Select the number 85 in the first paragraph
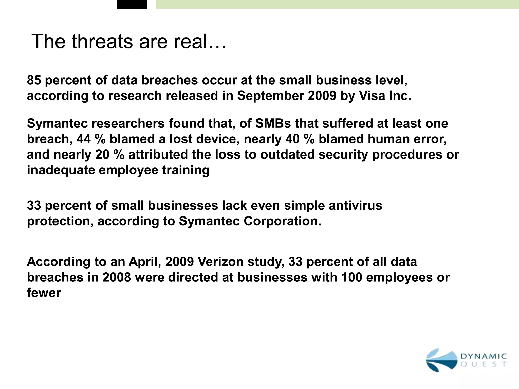(34, 80)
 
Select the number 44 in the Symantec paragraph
(84, 139)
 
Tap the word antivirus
(355, 205)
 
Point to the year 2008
(117, 277)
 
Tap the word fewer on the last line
(44, 293)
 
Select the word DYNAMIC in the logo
(483, 356)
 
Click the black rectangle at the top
(132, 4)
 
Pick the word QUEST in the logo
(483, 365)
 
